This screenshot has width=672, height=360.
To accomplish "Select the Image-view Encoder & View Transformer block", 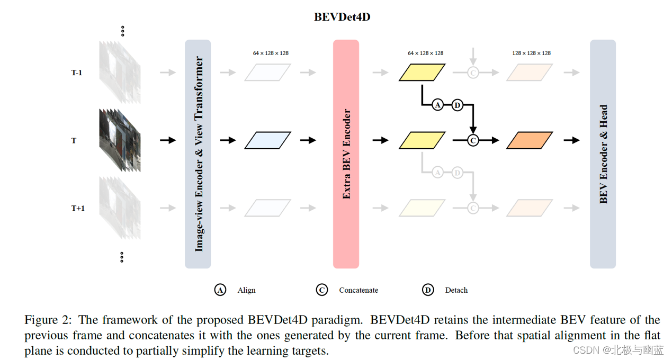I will [198, 154].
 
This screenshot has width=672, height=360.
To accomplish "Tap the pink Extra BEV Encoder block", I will [346, 154].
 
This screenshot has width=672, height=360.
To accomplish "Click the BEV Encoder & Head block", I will [603, 154].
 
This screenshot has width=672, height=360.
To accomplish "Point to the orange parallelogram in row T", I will [530, 140].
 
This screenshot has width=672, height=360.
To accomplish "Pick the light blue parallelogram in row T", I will [267, 140].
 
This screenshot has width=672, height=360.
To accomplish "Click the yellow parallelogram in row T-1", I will [422, 73].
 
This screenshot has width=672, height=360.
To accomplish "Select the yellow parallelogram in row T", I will [422, 140].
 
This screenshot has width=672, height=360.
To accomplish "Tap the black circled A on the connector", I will [437, 105].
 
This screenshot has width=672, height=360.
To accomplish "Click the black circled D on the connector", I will [457, 105].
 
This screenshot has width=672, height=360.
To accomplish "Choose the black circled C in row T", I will [473, 140].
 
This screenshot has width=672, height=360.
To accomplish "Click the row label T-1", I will [77, 73].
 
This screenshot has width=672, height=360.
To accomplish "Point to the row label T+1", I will [78, 208].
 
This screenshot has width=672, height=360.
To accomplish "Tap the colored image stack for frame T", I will [120, 140].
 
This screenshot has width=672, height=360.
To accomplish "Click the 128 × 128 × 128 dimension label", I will [531, 53].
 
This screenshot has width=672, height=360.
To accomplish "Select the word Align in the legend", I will [246, 290].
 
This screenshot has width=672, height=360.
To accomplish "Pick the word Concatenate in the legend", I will [359, 290].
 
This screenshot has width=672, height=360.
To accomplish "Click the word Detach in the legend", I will [456, 290].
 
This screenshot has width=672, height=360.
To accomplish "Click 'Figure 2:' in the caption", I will [49, 320].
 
